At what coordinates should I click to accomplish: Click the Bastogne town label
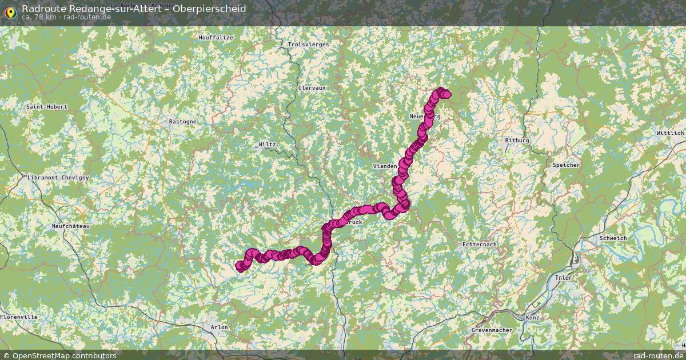pos(183,122)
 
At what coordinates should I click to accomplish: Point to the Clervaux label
pos(312,88)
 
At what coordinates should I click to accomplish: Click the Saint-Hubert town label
pos(47,107)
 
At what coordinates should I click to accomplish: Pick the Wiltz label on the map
pos(267,145)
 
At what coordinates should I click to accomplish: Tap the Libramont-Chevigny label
pos(58,178)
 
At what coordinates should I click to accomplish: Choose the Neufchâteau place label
pos(71,226)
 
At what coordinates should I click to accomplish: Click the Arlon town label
pos(220,327)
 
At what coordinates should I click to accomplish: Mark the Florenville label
pos(19,317)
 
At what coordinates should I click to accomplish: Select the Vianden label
pos(385,166)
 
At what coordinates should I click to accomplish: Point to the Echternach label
pos(479,245)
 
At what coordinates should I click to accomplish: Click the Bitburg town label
pos(517,141)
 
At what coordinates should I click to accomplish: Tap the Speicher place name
pos(566,165)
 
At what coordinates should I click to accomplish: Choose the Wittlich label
pos(670,133)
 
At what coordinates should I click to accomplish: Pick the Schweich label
pos(613,238)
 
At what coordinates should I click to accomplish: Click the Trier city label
pos(563,278)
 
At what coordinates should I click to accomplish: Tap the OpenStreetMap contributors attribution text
pos(63,355)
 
